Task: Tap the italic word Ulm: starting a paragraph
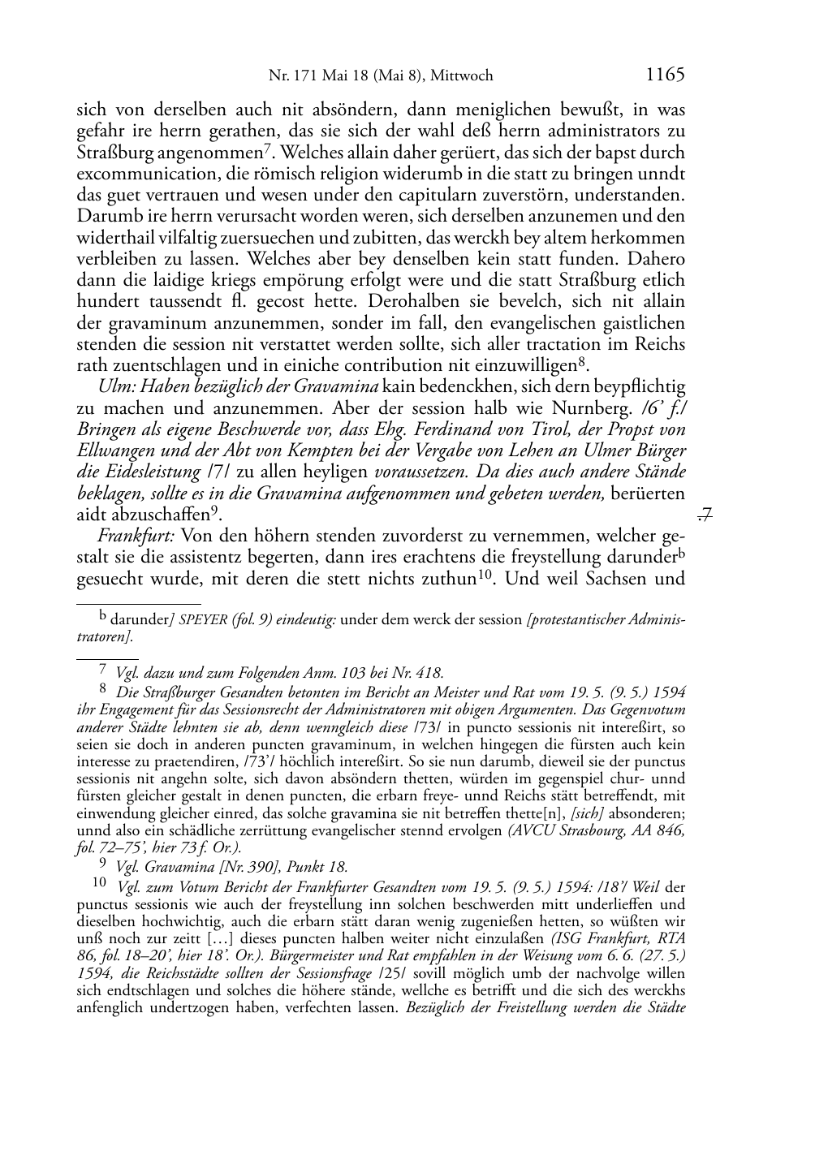[x=117, y=386]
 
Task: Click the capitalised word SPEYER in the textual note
[x=205, y=620]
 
